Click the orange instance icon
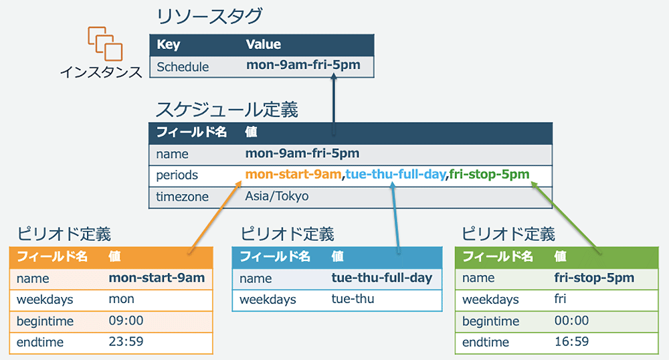point(105,43)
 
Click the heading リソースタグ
point(209,16)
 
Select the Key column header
point(169,45)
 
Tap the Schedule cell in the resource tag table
point(183,67)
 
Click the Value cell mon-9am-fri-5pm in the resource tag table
point(303,66)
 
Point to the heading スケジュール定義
point(227,110)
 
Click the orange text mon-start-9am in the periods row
point(293,175)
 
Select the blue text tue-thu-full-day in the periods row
point(395,175)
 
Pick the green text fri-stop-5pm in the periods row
point(490,175)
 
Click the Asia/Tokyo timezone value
point(277,196)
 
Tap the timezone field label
point(182,197)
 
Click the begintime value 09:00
point(126,321)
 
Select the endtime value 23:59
point(126,342)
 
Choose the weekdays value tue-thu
point(353,299)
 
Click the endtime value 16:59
point(572,342)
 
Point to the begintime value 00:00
point(572,321)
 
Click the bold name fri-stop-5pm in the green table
point(594,278)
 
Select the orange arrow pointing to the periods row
point(215,217)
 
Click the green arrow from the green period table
point(566,217)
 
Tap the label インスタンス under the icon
point(101,72)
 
